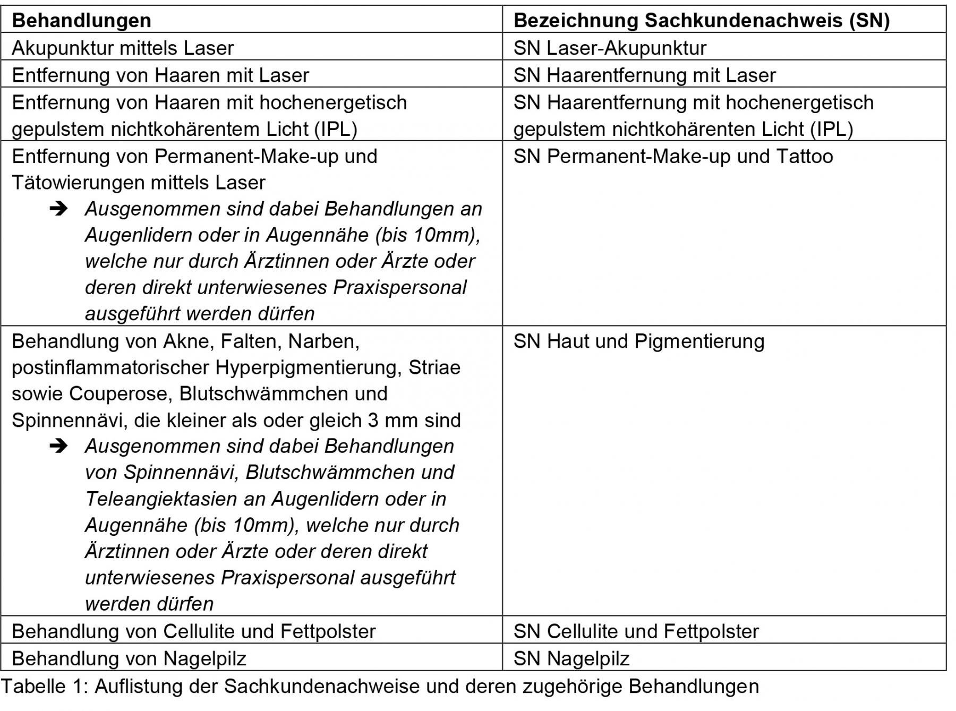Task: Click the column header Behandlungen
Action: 81,20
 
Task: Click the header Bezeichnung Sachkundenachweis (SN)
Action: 701,20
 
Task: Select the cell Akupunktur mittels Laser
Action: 123,48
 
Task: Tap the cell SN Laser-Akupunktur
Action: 610,48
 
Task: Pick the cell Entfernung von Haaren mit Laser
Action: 160,75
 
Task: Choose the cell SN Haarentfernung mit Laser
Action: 644,75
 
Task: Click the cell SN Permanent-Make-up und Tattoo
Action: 673,156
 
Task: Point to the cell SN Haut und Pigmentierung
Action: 639,341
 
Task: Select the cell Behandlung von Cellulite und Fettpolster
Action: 193,631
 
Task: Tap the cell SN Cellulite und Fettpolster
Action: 636,631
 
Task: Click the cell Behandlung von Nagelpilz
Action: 129,658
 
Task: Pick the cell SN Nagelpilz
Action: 571,658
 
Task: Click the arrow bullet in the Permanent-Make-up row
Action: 58,209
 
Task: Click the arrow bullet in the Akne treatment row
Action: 58,446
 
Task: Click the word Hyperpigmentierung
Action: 308,367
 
